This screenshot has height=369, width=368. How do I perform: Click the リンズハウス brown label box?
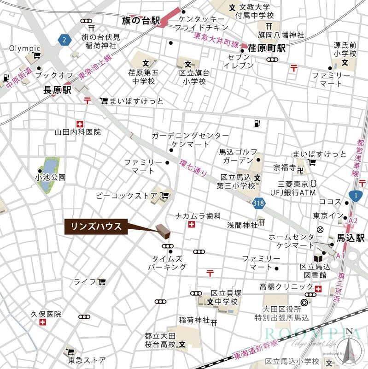95,226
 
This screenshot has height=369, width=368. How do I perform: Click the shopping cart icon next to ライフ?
101,281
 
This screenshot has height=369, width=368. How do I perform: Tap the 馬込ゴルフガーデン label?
237,156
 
